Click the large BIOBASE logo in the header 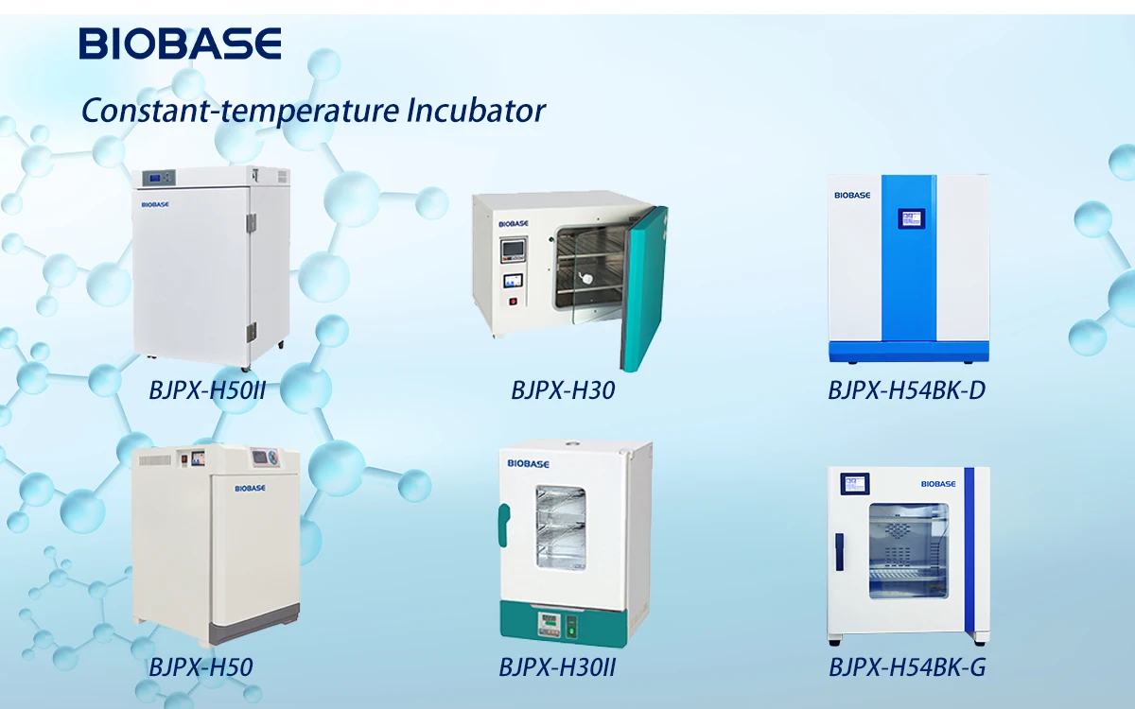pos(180,43)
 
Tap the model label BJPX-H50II pos(207,389)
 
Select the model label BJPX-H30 pos(563,389)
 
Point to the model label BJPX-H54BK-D pos(906,389)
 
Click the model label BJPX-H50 pos(201,667)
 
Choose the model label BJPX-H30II pos(558,667)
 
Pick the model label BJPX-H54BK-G pos(907,667)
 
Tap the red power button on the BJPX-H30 pos(514,302)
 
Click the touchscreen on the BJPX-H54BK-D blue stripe pos(908,220)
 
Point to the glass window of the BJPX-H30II pos(561,527)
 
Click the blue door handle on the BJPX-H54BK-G pos(838,552)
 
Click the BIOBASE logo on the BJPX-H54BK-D pos(851,195)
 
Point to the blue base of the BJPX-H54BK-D pos(908,351)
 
